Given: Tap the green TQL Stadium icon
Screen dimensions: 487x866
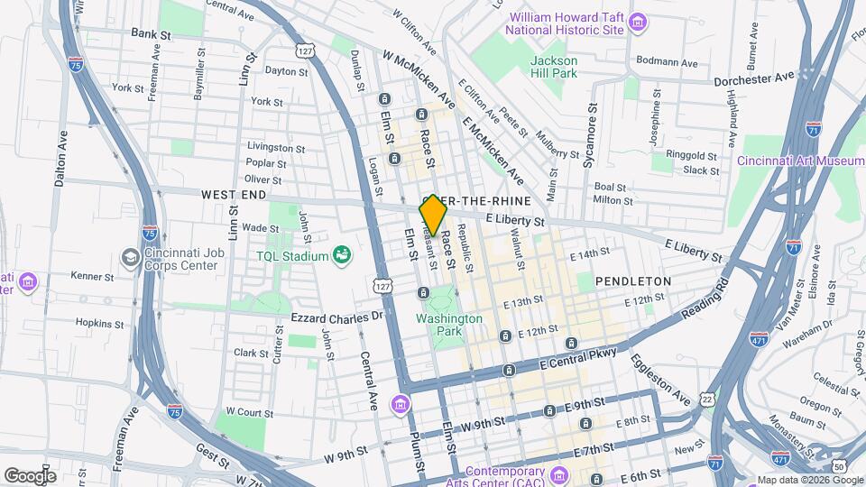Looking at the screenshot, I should point(342,256).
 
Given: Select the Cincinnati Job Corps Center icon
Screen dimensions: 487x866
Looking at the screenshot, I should point(132,258).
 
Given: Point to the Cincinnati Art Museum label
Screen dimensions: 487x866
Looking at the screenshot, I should point(801,161).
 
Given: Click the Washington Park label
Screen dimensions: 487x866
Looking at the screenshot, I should point(449,325).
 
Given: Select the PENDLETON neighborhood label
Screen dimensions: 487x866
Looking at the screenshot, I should point(633,281).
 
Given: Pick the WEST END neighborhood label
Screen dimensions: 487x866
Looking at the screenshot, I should point(234,195).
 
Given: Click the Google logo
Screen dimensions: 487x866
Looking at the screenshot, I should point(30,475).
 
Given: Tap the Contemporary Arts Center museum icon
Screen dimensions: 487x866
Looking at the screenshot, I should point(558,473).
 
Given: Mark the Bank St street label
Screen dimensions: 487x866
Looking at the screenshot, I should point(151,33).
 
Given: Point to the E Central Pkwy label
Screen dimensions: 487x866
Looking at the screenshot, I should point(577,358).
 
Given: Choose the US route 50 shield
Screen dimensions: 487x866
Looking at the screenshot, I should point(839,465).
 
